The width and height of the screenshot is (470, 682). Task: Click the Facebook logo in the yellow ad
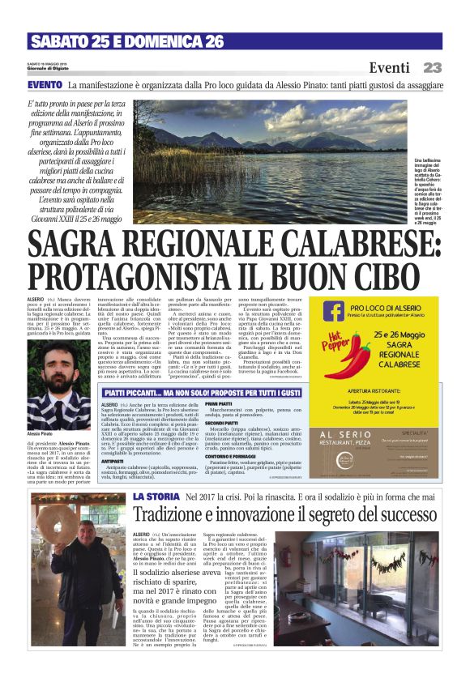[333, 312]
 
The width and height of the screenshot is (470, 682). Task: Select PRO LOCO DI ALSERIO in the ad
[387, 309]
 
